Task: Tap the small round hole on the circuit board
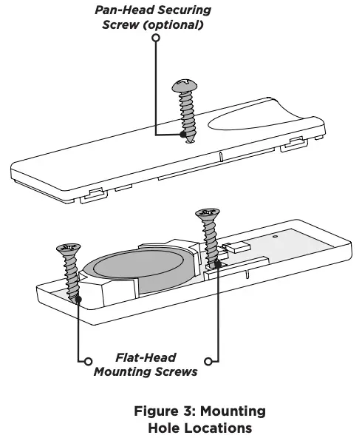276,237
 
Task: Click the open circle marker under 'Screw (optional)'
155,36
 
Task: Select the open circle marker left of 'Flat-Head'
88,361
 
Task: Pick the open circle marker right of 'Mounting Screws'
209,361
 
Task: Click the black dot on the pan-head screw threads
182,135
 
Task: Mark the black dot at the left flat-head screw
78,300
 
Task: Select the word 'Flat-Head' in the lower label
146,357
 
